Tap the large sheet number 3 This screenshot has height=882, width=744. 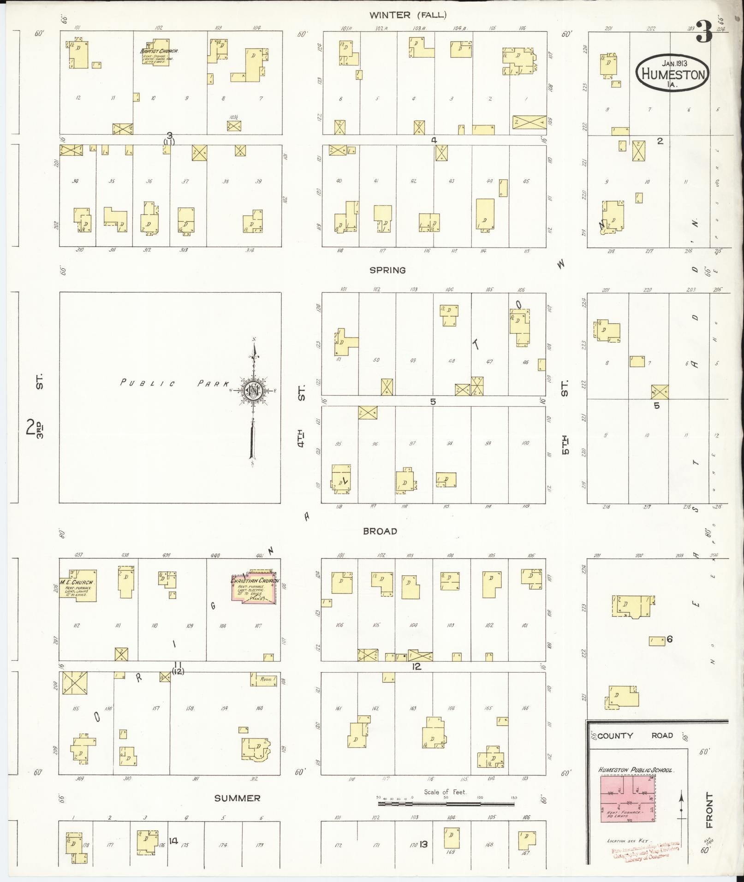(704, 32)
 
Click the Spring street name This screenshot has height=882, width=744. (387, 270)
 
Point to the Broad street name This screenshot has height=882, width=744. (380, 531)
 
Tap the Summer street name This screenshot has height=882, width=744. (237, 798)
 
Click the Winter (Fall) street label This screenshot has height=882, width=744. (408, 15)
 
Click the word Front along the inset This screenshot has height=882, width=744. (709, 810)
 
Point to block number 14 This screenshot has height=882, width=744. (173, 841)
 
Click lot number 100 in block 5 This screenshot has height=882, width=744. (525, 443)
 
